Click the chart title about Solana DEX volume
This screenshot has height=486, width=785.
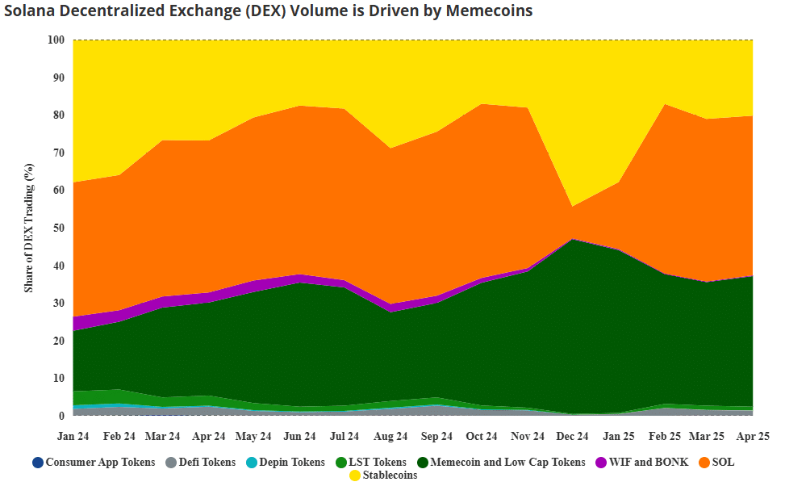(x=268, y=11)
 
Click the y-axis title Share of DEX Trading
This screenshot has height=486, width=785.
(x=29, y=228)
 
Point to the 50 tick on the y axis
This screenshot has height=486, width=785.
(x=58, y=228)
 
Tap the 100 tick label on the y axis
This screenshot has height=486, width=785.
(x=56, y=40)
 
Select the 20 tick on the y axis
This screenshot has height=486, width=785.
(x=58, y=341)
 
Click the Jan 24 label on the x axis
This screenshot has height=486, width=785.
(x=73, y=436)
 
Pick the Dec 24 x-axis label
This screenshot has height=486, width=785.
(x=573, y=436)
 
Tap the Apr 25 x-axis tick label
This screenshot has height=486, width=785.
(x=753, y=436)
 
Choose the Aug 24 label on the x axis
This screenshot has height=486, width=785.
(x=391, y=436)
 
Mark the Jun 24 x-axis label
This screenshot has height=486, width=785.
(x=300, y=436)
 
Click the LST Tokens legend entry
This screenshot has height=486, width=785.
(x=378, y=463)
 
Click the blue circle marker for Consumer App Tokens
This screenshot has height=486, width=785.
(x=38, y=463)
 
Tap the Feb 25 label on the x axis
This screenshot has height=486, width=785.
(x=665, y=436)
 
